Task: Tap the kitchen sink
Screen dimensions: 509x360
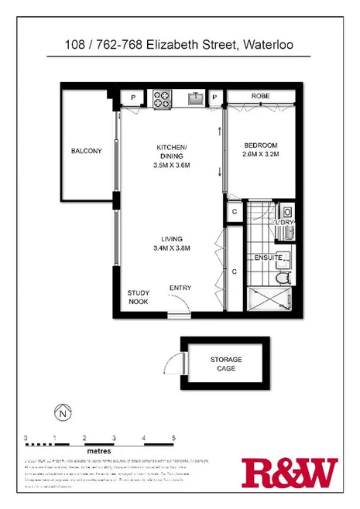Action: [196, 98]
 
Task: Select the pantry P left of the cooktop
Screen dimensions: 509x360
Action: [133, 97]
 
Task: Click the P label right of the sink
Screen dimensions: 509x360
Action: [216, 97]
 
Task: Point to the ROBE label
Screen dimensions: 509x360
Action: [259, 97]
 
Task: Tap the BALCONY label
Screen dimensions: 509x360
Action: [86, 151]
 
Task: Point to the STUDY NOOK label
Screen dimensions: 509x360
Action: [139, 297]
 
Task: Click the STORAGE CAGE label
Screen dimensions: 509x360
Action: [226, 364]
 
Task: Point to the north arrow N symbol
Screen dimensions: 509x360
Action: [60, 413]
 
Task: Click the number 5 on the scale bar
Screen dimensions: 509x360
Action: [174, 438]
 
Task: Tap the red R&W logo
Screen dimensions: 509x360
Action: [290, 473]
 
